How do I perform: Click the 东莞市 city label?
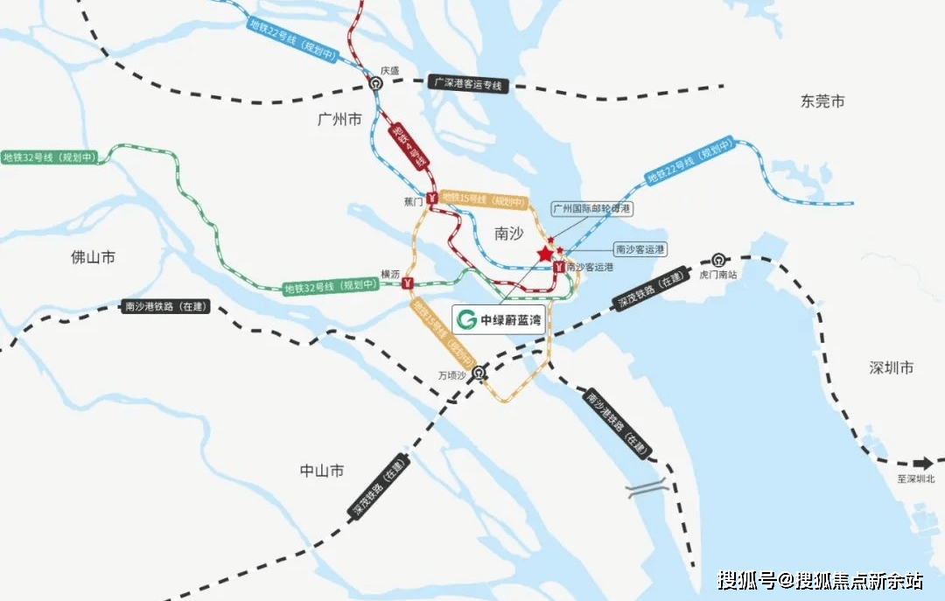point(822,101)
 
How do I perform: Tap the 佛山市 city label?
point(93,257)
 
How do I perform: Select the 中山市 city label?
point(321,471)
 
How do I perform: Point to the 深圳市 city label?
point(892,367)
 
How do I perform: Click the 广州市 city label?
point(339,121)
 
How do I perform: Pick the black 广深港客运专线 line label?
point(469,84)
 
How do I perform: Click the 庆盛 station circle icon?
point(375,84)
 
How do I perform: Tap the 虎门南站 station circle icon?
point(718,259)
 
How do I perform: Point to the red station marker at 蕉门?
point(432,199)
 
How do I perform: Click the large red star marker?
point(545,254)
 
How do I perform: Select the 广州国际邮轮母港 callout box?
point(592,209)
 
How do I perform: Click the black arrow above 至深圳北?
point(921,464)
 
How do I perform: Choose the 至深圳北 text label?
point(915,479)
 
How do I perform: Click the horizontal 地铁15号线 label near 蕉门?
point(484,201)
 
